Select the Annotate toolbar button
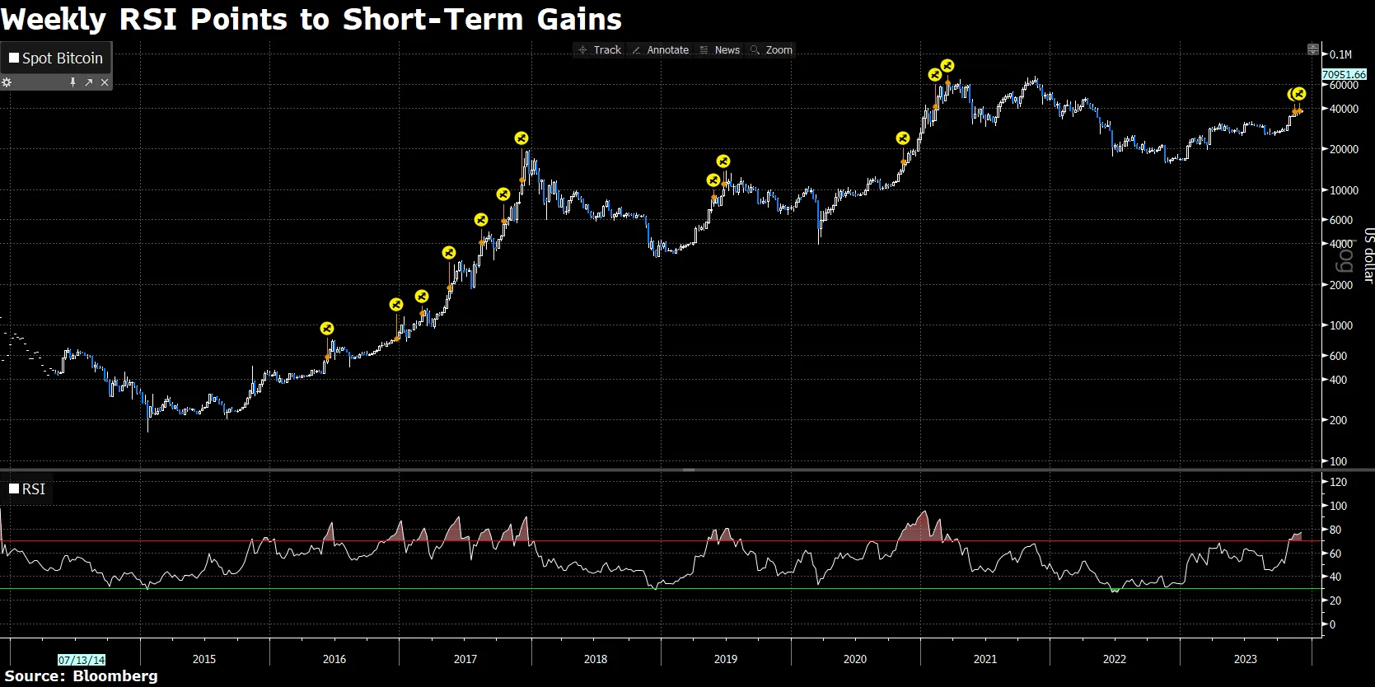pyautogui.click(x=661, y=50)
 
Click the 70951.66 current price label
pyautogui.click(x=1344, y=74)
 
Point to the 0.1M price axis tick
pyautogui.click(x=1340, y=54)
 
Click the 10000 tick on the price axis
pyautogui.click(x=1344, y=190)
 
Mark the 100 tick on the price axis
pyautogui.click(x=1339, y=461)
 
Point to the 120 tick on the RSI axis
pyautogui.click(x=1339, y=482)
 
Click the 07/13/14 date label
pyautogui.click(x=82, y=660)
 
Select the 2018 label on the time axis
pyautogui.click(x=595, y=659)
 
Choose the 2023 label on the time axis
pyautogui.click(x=1245, y=659)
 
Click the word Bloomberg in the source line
pyautogui.click(x=115, y=676)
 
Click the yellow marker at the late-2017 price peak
pyautogui.click(x=521, y=138)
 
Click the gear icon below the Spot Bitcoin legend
pyautogui.click(x=7, y=82)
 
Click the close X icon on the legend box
pyautogui.click(x=105, y=82)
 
